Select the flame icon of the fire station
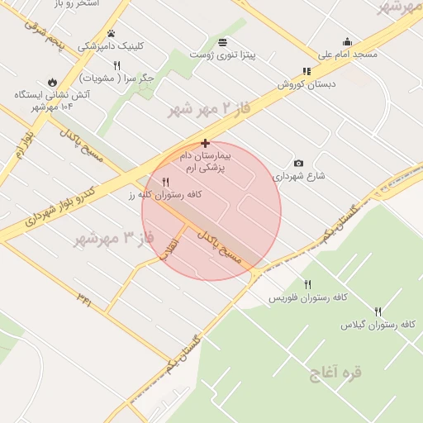[x=53, y=82]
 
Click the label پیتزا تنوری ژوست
[x=222, y=55]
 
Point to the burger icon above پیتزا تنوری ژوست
[x=222, y=42]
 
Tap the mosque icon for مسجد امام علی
[x=347, y=42]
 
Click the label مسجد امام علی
[x=347, y=55]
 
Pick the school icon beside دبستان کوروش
[x=307, y=72]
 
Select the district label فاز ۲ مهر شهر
[x=208, y=108]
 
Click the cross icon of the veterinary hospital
[x=205, y=143]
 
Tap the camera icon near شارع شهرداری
[x=298, y=163]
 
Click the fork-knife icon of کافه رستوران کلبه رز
[x=166, y=182]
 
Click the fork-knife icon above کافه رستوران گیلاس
[x=378, y=311]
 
